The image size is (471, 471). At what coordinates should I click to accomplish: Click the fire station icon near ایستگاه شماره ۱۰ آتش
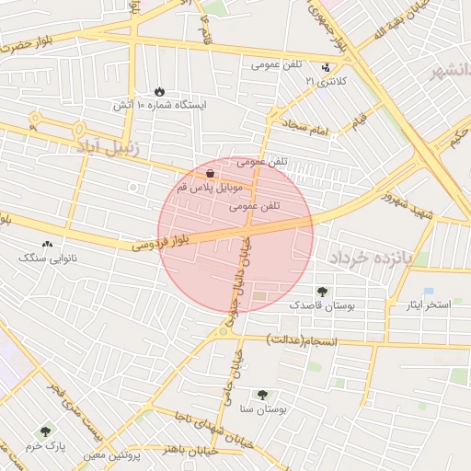pyautogui.click(x=159, y=91)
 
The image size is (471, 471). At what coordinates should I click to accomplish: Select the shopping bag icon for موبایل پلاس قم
pyautogui.click(x=212, y=172)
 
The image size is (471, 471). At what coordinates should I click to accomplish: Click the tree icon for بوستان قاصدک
pyautogui.click(x=321, y=291)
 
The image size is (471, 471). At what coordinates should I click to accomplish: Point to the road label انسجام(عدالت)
pyautogui.click(x=303, y=340)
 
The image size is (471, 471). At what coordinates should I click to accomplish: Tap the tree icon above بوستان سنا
pyautogui.click(x=263, y=394)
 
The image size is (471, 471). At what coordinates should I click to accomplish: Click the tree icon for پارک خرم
pyautogui.click(x=45, y=431)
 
